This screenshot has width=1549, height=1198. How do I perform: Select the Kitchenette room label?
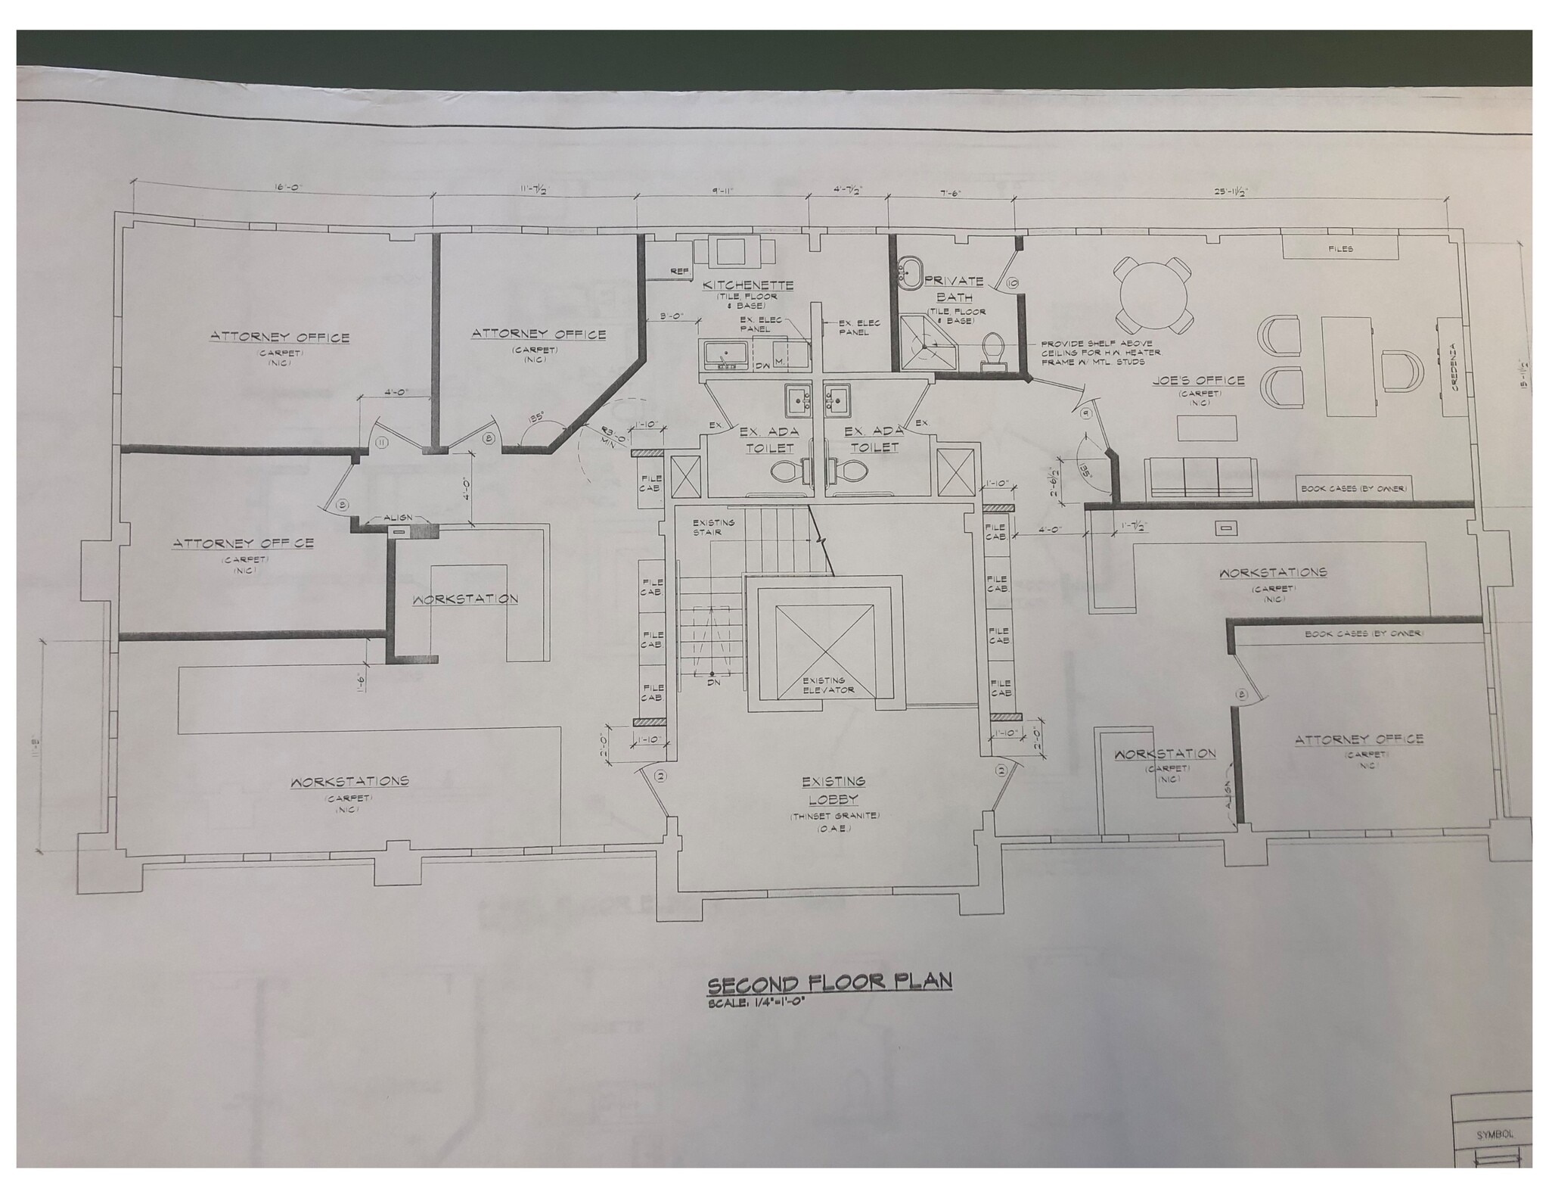748,285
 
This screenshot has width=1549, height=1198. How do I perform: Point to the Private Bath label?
954,288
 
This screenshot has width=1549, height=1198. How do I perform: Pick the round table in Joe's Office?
1150,294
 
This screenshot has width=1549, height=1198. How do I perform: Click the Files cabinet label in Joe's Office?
1340,249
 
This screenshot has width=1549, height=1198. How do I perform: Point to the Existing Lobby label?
833,790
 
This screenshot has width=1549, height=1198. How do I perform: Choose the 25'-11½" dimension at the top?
1231,192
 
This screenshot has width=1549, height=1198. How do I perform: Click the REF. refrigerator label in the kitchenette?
678,271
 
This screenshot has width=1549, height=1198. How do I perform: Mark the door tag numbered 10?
1013,283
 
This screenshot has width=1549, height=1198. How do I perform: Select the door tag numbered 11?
382,442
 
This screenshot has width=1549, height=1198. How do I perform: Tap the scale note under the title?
753,1004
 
